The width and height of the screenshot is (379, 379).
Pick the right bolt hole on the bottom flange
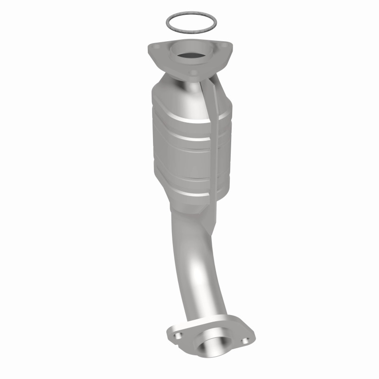[245, 340]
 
